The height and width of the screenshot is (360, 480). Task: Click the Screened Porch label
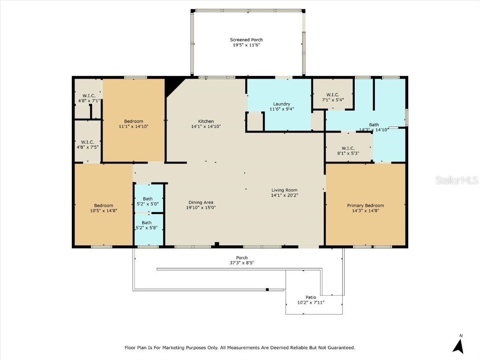(x=246, y=40)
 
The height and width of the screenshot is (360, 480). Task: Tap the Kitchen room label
(x=205, y=121)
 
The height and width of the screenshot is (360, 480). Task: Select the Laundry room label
(x=281, y=104)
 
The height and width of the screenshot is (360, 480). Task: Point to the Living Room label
(x=285, y=190)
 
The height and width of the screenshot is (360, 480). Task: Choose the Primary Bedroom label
(x=365, y=205)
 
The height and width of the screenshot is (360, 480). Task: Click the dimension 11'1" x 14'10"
(x=134, y=126)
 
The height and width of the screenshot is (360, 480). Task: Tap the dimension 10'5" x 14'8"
(x=104, y=210)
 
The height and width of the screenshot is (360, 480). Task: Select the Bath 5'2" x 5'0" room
(x=148, y=201)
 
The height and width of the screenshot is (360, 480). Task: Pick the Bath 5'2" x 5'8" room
(x=147, y=225)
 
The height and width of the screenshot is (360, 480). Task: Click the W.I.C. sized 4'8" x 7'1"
(x=87, y=98)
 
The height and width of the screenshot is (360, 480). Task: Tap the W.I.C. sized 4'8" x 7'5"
(x=87, y=144)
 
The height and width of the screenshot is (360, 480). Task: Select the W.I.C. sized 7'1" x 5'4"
(x=333, y=97)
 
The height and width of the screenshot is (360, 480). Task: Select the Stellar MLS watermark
(x=456, y=180)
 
